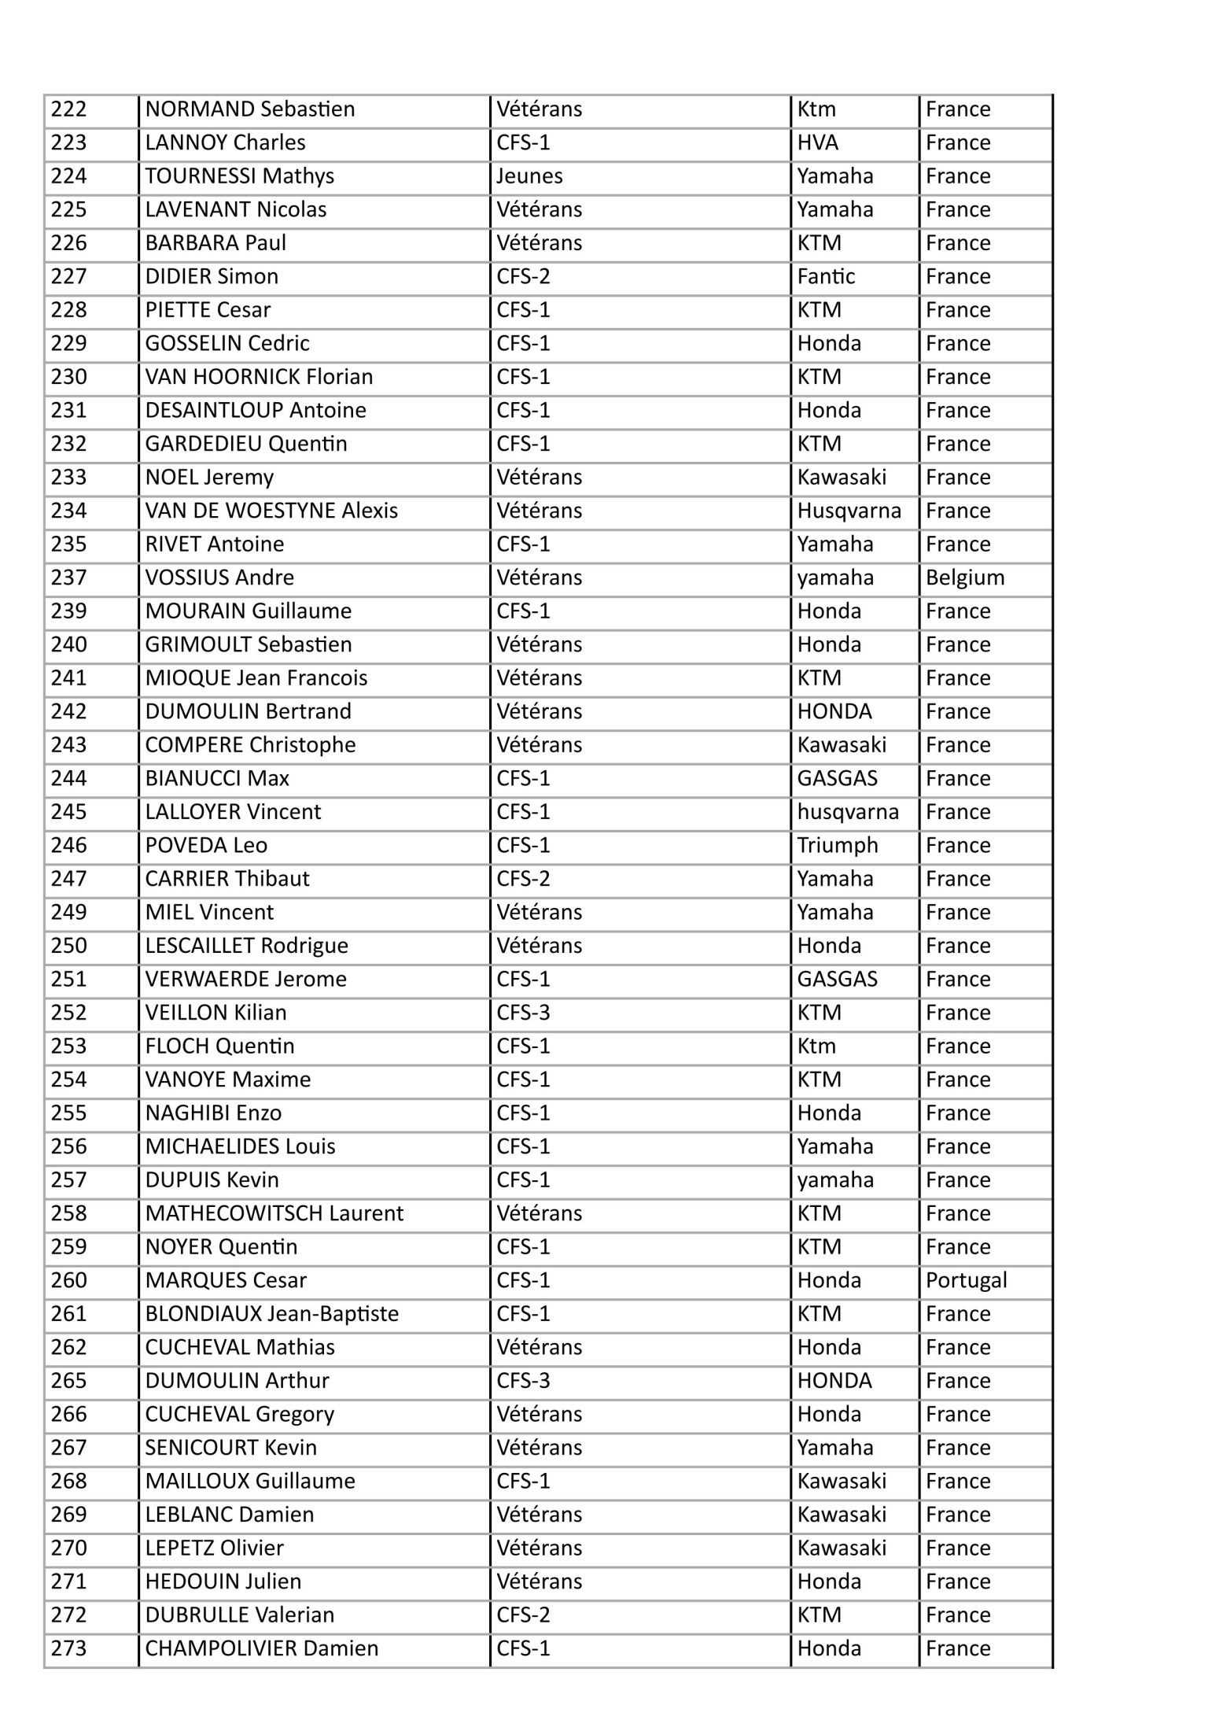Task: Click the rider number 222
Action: tap(69, 109)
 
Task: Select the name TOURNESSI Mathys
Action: tap(240, 176)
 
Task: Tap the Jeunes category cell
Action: tap(529, 176)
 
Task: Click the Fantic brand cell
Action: tap(826, 277)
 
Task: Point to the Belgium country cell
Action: tap(965, 578)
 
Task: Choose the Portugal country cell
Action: tap(966, 1281)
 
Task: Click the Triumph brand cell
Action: tap(838, 846)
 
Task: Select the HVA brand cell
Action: tap(818, 143)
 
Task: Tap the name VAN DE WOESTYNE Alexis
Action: tap(271, 511)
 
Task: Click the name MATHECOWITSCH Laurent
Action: tap(274, 1214)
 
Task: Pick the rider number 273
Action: tap(69, 1648)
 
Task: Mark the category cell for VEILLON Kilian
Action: tap(523, 1013)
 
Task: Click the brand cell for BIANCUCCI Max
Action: tap(837, 779)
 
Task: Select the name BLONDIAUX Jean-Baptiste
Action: tap(272, 1314)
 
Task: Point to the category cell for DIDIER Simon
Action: tap(523, 277)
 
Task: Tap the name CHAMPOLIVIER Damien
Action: tap(262, 1648)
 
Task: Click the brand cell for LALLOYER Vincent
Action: tap(848, 812)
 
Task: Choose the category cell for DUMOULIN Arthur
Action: tap(523, 1381)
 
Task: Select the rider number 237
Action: tap(69, 578)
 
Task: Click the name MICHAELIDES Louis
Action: tap(241, 1147)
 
